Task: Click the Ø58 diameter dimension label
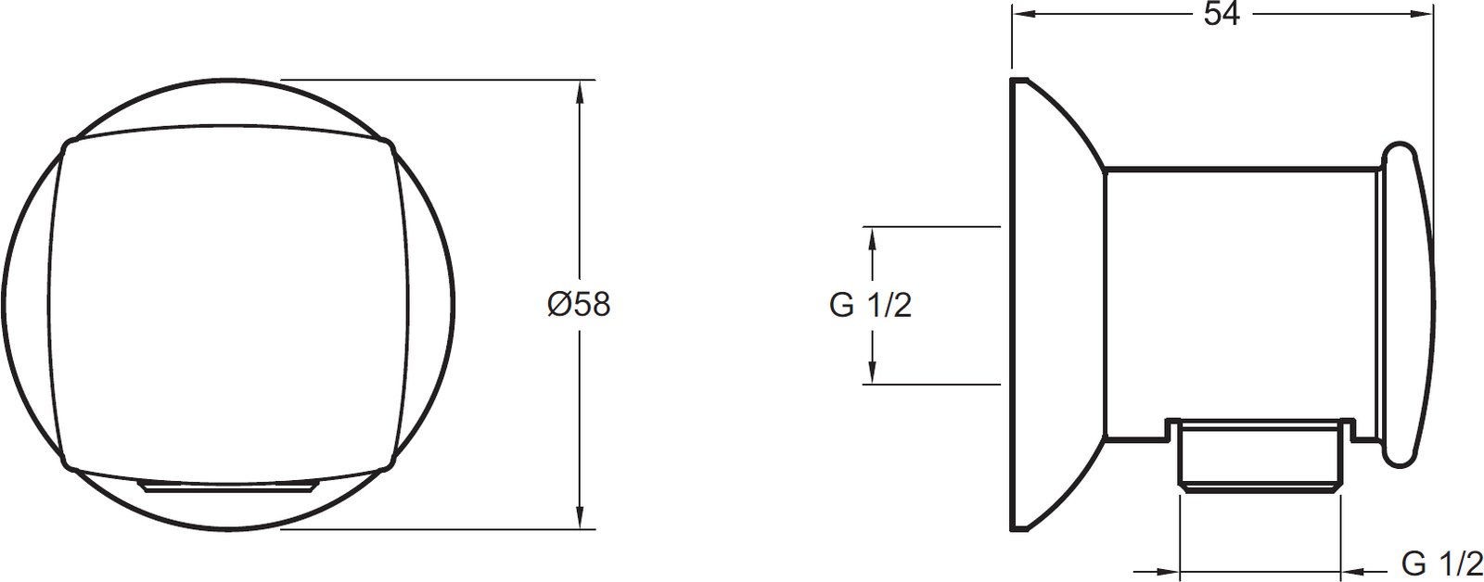(579, 305)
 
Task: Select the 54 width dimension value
(1222, 14)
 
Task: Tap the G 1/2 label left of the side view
(870, 305)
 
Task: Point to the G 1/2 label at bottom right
(1441, 564)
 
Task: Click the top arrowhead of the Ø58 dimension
(580, 92)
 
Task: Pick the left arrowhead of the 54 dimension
(1024, 15)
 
